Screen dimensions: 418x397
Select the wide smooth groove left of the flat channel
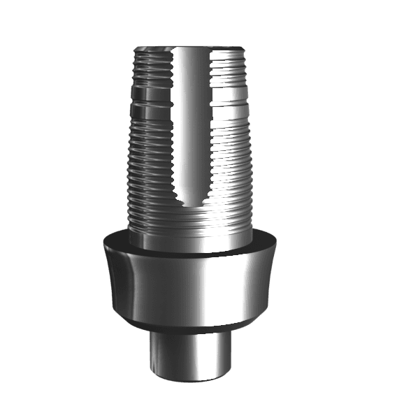point(151,94)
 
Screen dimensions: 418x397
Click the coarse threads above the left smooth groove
point(150,66)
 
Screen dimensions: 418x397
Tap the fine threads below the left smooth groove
point(150,161)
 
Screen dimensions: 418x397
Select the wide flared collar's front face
point(190,287)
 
